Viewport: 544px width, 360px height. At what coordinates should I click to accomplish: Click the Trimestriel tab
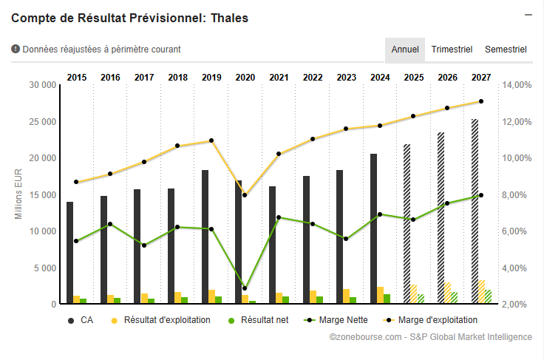tap(452, 50)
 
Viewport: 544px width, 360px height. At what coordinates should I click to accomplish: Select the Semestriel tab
tap(506, 50)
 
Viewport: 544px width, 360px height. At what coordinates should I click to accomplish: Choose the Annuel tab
tap(405, 50)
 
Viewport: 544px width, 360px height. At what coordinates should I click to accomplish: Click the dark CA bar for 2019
tap(205, 237)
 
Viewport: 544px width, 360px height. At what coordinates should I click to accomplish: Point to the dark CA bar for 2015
tap(69, 252)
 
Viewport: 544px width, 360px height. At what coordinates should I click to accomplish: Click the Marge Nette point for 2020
tap(245, 288)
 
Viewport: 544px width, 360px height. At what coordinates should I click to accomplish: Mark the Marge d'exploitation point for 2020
tap(245, 195)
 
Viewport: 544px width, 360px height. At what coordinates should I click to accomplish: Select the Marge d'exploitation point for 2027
tap(481, 101)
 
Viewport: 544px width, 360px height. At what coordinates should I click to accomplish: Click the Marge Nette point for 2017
tap(143, 245)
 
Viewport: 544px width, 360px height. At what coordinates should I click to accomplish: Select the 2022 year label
tap(313, 77)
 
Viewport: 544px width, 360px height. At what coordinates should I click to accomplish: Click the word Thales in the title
tap(229, 18)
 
